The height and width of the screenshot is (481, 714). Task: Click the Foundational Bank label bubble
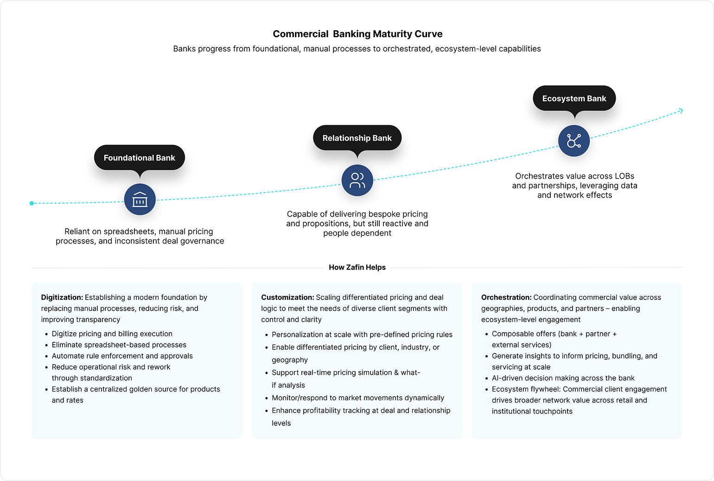point(140,158)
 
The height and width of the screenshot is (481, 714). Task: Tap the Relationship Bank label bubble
point(357,138)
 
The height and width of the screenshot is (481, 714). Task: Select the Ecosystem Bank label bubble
point(574,98)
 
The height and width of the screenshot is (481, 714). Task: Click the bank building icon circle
point(140,199)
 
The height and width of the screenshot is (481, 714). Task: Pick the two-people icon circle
point(357,180)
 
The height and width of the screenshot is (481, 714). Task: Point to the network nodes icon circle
point(574,141)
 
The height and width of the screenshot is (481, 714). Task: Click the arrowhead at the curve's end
point(681,111)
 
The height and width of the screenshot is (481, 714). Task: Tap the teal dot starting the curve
point(32,203)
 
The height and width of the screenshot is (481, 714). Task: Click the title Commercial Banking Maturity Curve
point(357,34)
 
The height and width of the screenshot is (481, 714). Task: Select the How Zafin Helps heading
point(357,267)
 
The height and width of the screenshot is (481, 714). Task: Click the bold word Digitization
point(62,297)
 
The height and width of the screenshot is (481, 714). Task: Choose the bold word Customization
point(287,297)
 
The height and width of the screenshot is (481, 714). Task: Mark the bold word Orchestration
point(506,297)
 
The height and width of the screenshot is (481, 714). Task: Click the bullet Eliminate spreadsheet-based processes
point(119,345)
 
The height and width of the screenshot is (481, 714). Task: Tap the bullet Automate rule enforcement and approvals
point(122,356)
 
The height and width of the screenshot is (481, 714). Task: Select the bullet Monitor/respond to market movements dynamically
point(358,398)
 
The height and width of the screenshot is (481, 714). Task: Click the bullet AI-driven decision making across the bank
point(563,378)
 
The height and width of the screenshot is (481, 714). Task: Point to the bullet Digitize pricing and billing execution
point(112,333)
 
